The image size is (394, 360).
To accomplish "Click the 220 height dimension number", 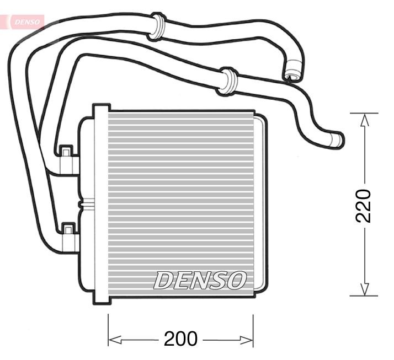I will pyautogui.click(x=364, y=205).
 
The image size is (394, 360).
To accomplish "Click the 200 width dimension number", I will pyautogui.click(x=180, y=338).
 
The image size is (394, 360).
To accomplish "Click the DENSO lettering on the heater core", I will pyautogui.click(x=200, y=280).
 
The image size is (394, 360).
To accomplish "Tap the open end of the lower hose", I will pyautogui.click(x=338, y=141).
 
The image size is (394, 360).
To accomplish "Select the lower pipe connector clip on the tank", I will pyautogui.click(x=67, y=228).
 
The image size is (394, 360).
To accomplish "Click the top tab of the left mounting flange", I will pyautogui.click(x=100, y=109).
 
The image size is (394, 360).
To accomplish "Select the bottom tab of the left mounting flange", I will pyautogui.click(x=100, y=299).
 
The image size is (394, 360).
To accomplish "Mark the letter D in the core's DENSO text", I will pyautogui.click(x=164, y=280).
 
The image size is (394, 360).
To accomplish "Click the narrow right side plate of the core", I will pyautogui.click(x=260, y=204).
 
